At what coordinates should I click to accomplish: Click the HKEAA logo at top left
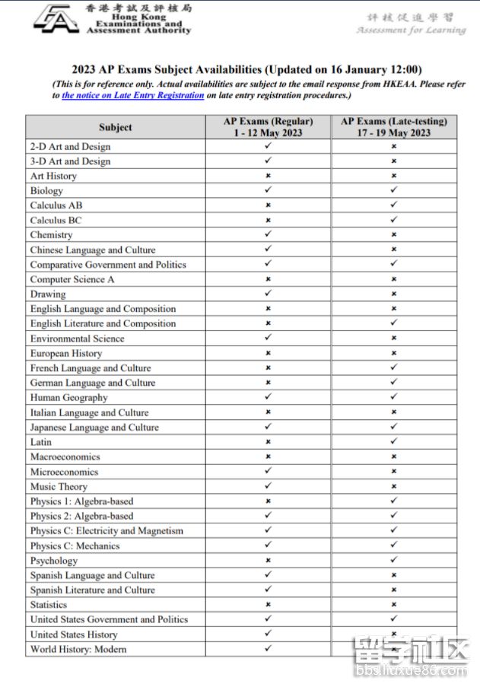click(55, 18)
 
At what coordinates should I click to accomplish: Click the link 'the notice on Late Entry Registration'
click(132, 96)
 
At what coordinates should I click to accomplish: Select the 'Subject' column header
click(115, 127)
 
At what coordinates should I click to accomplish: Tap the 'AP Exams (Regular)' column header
click(268, 127)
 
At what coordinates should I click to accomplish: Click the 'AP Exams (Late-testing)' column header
click(393, 127)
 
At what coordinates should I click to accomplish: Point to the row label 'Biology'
click(46, 191)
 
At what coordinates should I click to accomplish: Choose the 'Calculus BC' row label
click(56, 221)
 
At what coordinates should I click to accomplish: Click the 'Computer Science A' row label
click(72, 279)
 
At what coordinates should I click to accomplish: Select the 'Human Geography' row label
click(68, 398)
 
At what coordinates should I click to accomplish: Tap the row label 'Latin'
click(41, 442)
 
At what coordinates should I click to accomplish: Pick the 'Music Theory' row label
click(59, 487)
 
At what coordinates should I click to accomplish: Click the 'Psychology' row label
click(53, 561)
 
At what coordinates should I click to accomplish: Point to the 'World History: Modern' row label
click(78, 650)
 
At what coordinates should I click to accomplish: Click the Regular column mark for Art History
click(268, 176)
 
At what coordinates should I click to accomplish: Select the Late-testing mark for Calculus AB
click(393, 205)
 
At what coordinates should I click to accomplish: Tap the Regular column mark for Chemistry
click(268, 235)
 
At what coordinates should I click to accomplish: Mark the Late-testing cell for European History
click(393, 353)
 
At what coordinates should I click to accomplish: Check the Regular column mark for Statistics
click(268, 605)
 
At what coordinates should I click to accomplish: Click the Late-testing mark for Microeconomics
click(393, 472)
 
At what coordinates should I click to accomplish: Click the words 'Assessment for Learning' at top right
click(411, 30)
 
